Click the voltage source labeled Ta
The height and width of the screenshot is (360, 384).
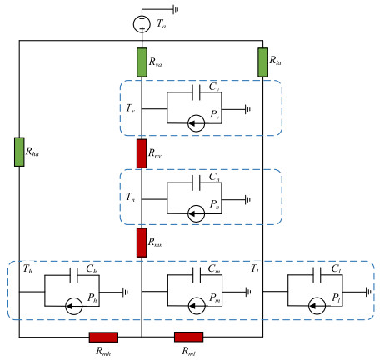(x=142, y=22)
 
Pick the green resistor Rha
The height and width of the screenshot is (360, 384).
(x=18, y=152)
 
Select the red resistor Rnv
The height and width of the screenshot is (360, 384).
(x=142, y=153)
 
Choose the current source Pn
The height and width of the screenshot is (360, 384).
(x=197, y=213)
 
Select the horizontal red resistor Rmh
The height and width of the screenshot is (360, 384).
(x=103, y=337)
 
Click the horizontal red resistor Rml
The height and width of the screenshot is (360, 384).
(x=188, y=337)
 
